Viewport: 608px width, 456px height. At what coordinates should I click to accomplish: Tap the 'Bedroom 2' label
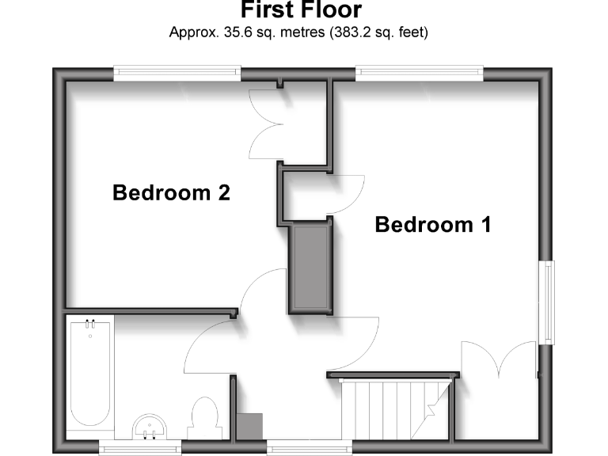tap(171, 192)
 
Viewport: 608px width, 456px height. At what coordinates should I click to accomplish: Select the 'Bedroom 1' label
tap(433, 225)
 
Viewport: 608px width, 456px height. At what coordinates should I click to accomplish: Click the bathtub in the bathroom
tap(89, 376)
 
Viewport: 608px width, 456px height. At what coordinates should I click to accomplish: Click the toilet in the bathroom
tap(204, 417)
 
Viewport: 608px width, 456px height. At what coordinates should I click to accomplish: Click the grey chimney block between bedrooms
tap(311, 268)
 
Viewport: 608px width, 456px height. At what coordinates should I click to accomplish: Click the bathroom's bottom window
tap(140, 449)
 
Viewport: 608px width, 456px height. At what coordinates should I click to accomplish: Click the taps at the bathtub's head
tap(89, 323)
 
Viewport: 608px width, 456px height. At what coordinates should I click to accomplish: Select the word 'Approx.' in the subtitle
tap(192, 33)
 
